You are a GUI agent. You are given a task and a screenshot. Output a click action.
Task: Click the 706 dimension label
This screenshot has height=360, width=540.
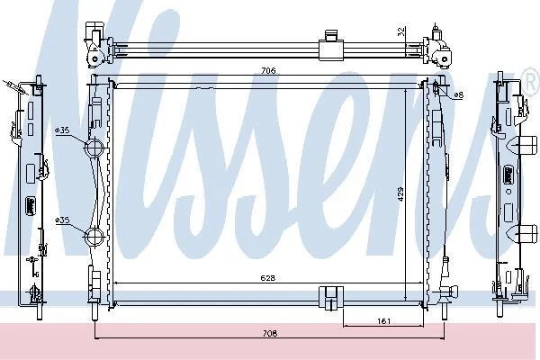pos(268,70)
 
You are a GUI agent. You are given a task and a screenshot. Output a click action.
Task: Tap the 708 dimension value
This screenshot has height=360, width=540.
pos(270,334)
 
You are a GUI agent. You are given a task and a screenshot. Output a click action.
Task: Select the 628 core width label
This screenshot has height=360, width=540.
pos(268,278)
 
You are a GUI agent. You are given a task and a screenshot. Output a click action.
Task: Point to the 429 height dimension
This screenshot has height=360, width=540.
pos(400,194)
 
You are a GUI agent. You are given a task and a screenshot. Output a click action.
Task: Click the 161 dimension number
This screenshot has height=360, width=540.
pos(383,321)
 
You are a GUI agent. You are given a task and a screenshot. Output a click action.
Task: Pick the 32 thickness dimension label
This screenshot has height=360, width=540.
pos(400,31)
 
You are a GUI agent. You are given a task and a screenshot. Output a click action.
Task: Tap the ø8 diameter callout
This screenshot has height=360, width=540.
pos(458,95)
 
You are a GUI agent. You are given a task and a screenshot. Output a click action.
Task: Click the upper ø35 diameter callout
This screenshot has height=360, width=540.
pos(62,130)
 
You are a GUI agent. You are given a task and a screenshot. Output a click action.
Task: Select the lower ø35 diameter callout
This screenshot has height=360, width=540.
pos(62,220)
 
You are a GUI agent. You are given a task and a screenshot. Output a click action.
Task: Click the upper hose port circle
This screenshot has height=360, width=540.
pos(94,148)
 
